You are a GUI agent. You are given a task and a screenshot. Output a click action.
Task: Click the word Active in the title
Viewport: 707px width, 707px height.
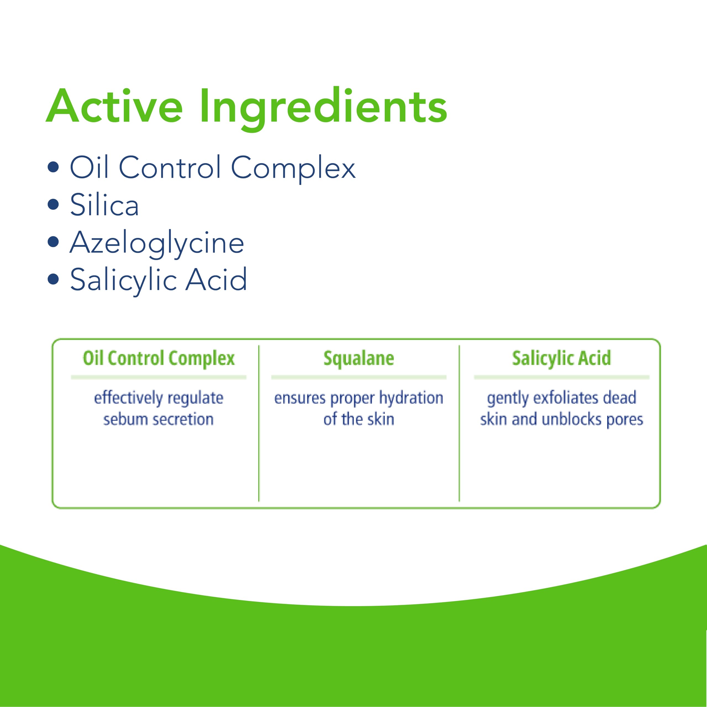point(114,106)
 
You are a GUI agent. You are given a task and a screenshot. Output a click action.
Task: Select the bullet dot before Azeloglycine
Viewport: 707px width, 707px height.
point(53,242)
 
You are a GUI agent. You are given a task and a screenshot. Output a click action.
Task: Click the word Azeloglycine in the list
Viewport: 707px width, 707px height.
point(157,244)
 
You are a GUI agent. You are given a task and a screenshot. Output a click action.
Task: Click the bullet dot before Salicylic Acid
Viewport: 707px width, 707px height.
point(53,279)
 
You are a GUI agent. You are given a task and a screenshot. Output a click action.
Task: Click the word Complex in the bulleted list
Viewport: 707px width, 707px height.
point(293,169)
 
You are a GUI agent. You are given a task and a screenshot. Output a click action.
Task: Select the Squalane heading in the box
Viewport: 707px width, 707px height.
point(359,359)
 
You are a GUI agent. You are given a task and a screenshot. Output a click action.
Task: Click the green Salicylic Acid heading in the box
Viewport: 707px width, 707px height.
point(561,359)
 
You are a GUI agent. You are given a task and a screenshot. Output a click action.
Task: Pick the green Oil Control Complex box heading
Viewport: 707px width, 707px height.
point(159,359)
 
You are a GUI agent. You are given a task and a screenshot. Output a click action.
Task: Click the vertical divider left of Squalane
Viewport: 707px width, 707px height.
point(259,423)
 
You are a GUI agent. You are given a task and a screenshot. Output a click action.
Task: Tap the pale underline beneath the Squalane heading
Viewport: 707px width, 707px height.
point(359,377)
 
